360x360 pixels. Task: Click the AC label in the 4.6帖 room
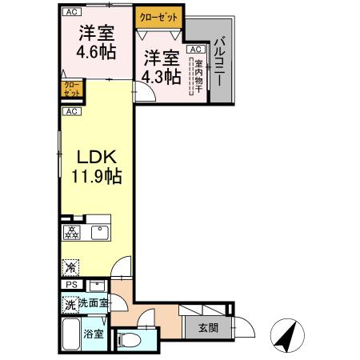pos(72,12)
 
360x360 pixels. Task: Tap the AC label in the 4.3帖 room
pos(194,49)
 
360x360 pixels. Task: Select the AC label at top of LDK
pos(72,111)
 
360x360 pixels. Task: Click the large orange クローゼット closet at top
pos(159,16)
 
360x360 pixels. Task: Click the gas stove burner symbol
pos(72,233)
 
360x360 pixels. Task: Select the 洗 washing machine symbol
pos(70,304)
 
